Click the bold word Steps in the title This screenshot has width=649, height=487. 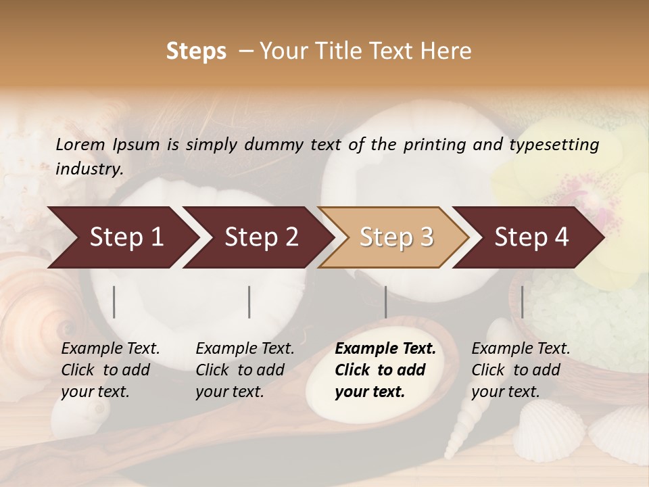196,51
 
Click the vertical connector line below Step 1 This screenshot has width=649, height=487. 114,302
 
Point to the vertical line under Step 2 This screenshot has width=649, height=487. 249,302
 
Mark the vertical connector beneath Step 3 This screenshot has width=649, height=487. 385,302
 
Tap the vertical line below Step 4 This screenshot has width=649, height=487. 522,302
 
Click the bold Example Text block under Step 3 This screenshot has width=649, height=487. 385,370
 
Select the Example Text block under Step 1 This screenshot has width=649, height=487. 110,370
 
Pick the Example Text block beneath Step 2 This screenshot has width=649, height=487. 245,370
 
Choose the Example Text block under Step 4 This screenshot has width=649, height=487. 521,370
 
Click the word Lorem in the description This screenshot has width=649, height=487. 80,144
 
